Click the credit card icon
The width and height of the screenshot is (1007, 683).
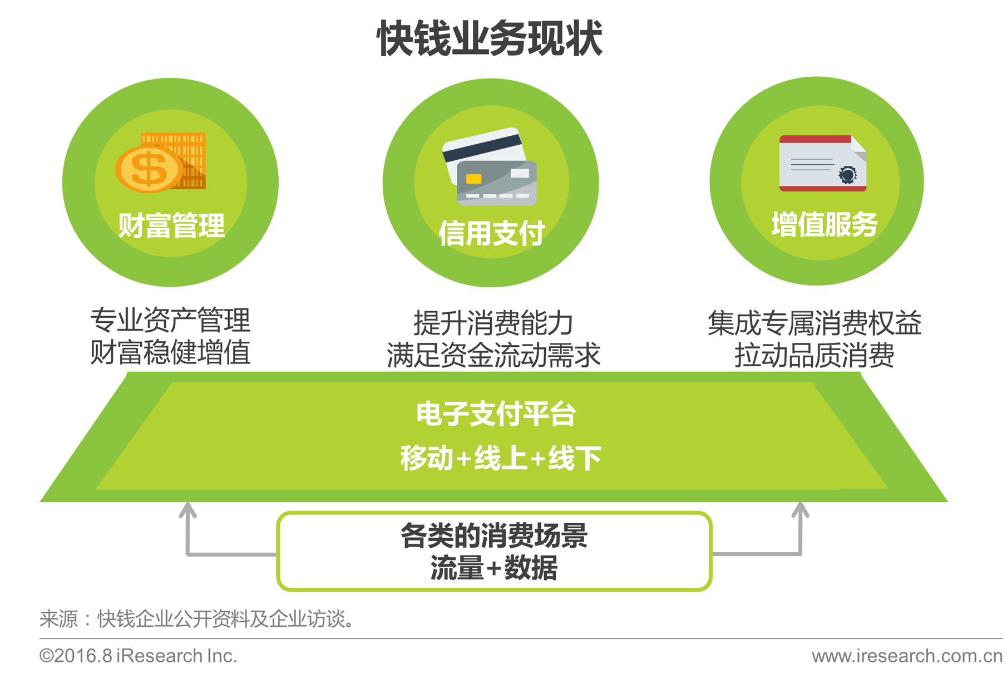(x=490, y=166)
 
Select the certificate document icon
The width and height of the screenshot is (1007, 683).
(x=823, y=163)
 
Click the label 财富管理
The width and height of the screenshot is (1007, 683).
(x=171, y=225)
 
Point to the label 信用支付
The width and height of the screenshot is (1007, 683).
(x=491, y=233)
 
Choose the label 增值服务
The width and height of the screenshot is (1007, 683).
(x=824, y=224)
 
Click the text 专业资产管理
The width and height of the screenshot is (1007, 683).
(x=170, y=320)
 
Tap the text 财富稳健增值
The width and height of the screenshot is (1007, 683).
(x=170, y=352)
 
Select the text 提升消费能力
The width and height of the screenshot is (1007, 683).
(x=493, y=323)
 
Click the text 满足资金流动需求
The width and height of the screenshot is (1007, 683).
(x=493, y=355)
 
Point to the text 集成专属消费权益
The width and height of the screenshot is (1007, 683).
(x=815, y=323)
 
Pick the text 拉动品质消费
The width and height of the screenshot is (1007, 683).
(x=815, y=355)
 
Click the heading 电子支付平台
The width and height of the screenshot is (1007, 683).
(x=496, y=414)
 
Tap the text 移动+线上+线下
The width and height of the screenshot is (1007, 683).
(x=501, y=458)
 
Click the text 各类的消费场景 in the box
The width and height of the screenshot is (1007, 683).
(x=494, y=535)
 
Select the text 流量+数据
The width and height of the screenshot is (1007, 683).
(x=494, y=568)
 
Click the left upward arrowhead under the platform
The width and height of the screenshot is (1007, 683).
(x=187, y=509)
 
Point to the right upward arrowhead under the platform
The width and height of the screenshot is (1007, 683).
(x=800, y=509)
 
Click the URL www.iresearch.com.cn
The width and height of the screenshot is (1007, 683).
(x=907, y=656)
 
